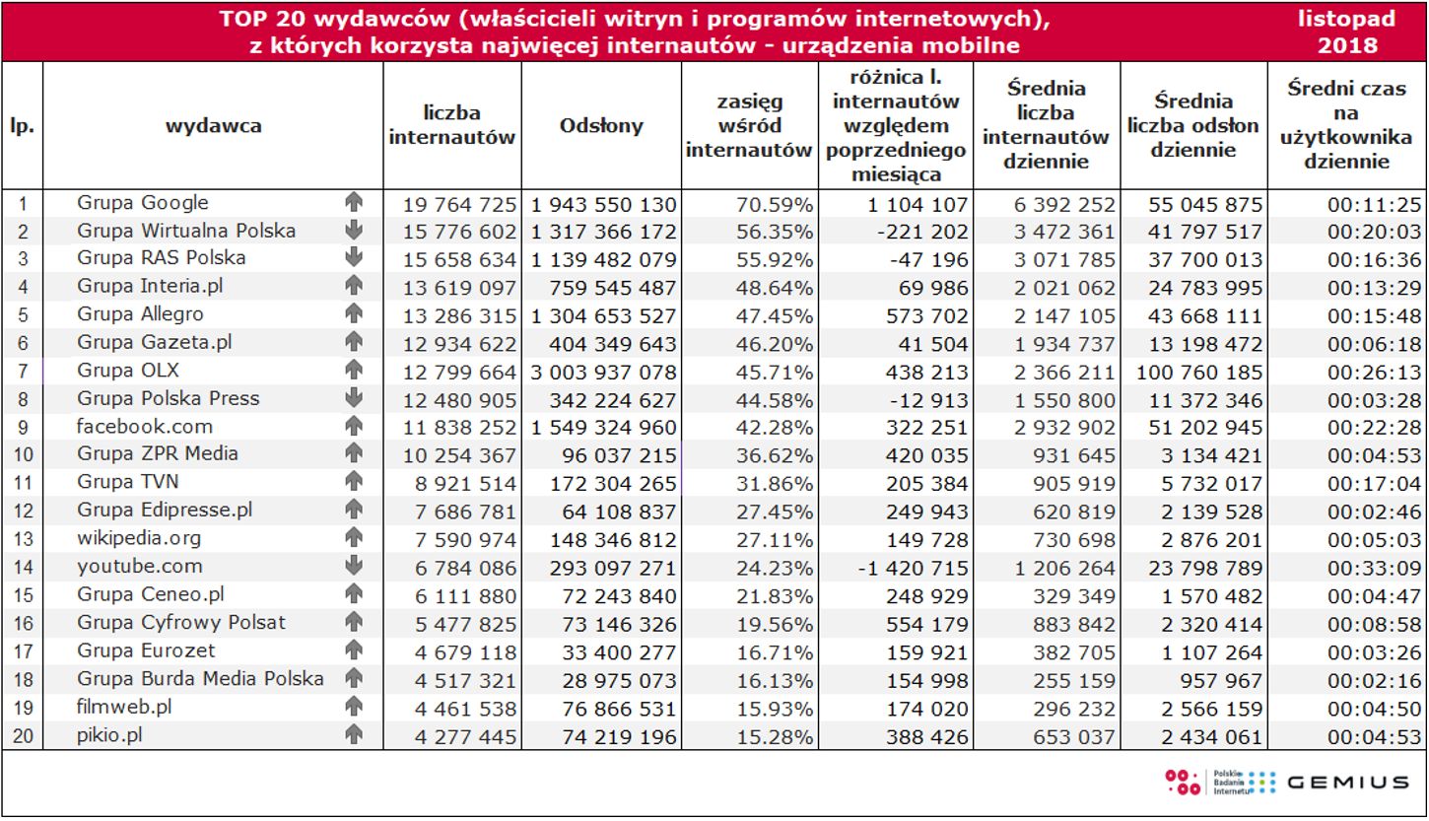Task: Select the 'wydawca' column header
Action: coord(213,125)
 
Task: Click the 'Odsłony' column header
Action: coord(601,125)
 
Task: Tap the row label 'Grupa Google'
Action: coord(143,203)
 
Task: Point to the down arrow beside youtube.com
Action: coord(355,567)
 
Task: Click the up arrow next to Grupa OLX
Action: coord(355,371)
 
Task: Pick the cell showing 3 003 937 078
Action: coord(603,373)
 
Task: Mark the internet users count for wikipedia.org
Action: coord(460,540)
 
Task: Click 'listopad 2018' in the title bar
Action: coord(1347,32)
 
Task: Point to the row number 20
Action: coord(22,735)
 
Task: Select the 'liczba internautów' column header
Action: coord(452,125)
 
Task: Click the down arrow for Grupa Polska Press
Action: coord(355,399)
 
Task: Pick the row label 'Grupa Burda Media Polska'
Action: coord(200,679)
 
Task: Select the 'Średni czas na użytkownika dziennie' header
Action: coord(1347,125)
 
